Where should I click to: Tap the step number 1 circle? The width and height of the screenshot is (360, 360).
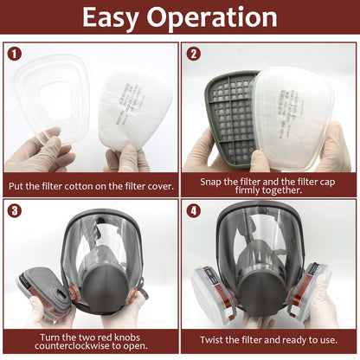click(15, 54)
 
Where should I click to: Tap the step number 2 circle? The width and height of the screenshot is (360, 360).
click(195, 54)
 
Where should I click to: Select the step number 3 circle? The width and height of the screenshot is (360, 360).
click(15, 210)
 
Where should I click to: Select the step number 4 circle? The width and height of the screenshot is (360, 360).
click(195, 210)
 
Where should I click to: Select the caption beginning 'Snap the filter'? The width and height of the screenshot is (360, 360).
click(270, 184)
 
